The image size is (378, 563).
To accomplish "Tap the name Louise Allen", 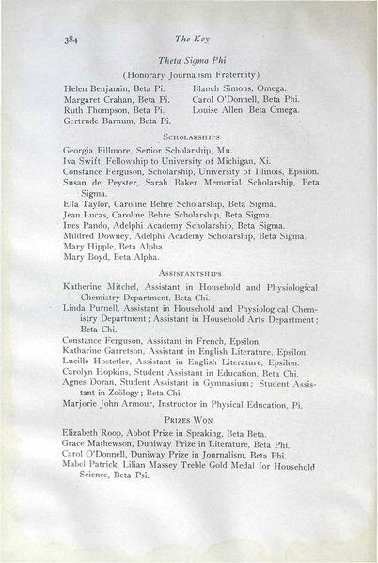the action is (216, 109).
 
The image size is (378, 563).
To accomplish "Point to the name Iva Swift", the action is (81, 162).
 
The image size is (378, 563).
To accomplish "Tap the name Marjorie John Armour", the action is (109, 420).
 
